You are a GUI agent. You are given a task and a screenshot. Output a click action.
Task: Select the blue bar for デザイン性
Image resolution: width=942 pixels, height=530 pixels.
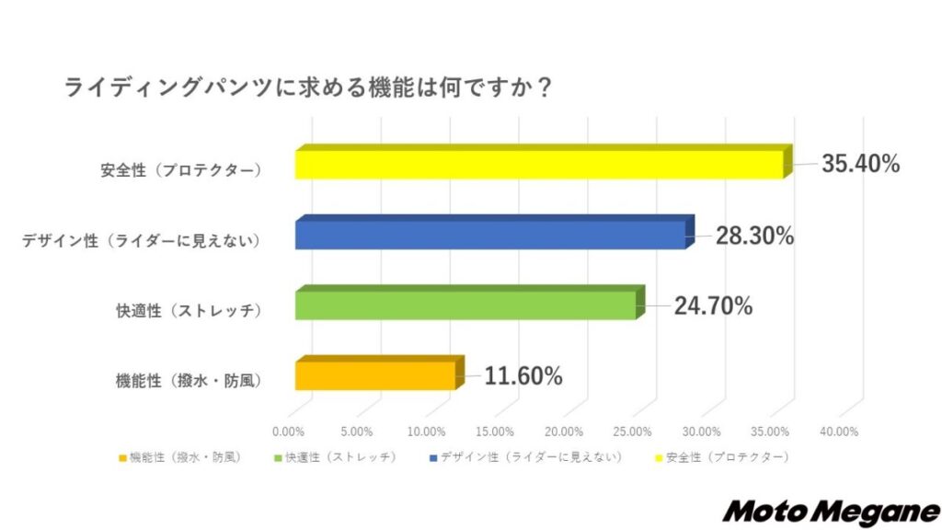point(491,236)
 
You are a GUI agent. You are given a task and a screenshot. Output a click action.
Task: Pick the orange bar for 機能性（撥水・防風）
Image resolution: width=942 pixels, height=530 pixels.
point(376,375)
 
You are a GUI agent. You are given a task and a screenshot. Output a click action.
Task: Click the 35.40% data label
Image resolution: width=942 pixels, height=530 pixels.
point(859,165)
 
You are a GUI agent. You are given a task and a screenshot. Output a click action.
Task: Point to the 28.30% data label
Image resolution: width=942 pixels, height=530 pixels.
point(755,236)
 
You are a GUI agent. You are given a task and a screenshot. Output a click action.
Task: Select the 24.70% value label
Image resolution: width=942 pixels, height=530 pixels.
point(714,306)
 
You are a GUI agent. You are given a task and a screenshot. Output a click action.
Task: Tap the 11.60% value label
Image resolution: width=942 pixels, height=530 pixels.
point(523,376)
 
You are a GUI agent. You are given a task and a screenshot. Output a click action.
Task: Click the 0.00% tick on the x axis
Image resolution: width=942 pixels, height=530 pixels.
point(289,432)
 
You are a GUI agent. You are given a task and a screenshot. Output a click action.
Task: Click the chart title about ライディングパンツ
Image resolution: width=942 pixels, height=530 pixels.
point(307,89)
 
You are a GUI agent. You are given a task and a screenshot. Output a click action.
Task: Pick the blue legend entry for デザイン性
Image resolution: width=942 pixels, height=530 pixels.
point(525,456)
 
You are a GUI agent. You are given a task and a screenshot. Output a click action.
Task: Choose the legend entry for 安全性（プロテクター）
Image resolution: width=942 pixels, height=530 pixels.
point(720,456)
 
